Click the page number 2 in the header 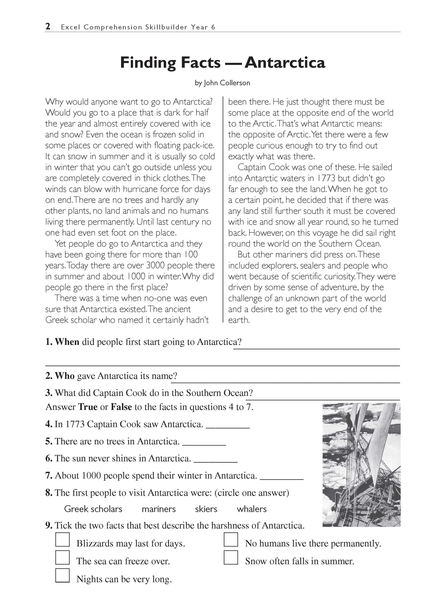(48, 27)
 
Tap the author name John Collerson (227, 83)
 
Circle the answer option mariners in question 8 (159, 509)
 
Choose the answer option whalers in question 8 (252, 509)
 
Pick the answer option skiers (206, 509)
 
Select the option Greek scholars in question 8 (93, 509)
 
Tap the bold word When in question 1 (67, 342)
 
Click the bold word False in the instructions (121, 407)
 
